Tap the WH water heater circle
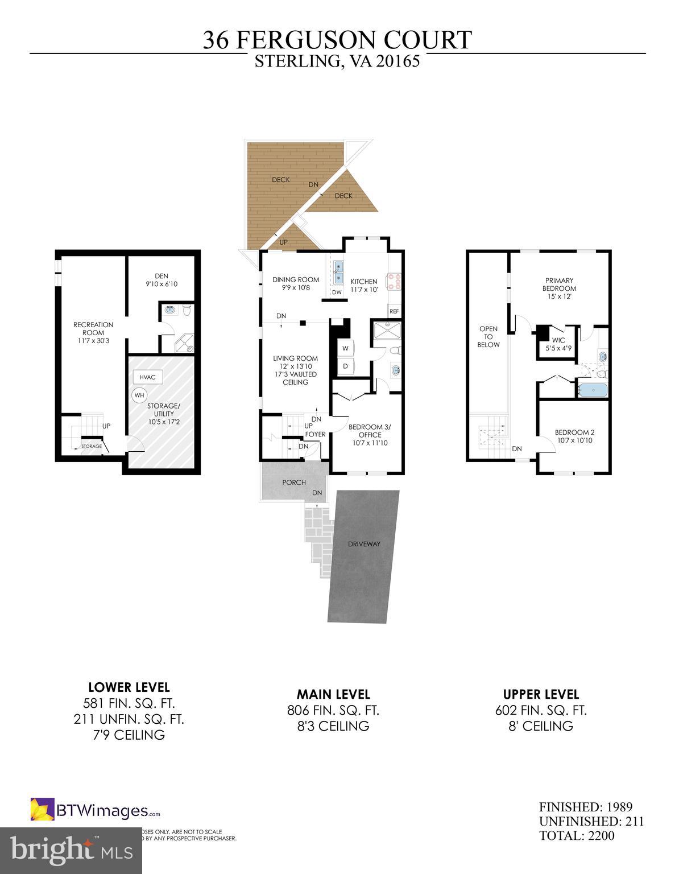(139, 395)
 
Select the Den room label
(161, 279)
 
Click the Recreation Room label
(93, 332)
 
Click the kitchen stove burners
(394, 281)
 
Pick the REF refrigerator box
(394, 311)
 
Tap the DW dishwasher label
(337, 292)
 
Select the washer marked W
(345, 348)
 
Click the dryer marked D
(345, 366)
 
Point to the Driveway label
(364, 543)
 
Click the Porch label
(294, 483)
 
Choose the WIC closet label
(558, 344)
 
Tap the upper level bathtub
(593, 390)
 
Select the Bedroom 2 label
(574, 436)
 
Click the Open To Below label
(488, 336)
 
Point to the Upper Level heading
(541, 694)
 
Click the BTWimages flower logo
(42, 810)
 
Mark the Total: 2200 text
(577, 836)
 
